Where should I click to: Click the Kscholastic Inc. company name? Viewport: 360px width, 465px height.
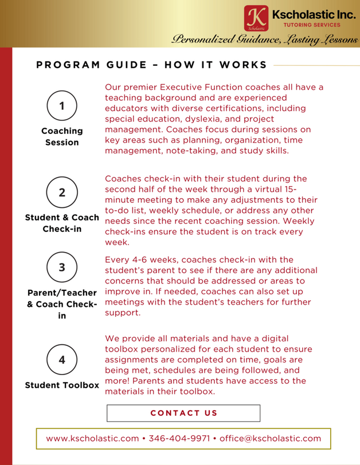[314, 14]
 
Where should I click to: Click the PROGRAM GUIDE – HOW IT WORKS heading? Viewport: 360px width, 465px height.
[151, 65]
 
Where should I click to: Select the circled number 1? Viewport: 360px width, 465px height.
[62, 105]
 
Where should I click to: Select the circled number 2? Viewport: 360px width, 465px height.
[62, 192]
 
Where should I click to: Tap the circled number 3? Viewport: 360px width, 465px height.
[62, 267]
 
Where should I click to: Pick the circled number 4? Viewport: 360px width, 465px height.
[62, 360]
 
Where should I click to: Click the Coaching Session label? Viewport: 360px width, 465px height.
[62, 136]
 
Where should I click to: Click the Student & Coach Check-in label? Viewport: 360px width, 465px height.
[62, 223]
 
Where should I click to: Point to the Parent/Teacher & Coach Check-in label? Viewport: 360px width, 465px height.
[62, 304]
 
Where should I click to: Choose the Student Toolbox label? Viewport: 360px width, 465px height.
[62, 385]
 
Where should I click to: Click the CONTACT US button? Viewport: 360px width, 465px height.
[183, 413]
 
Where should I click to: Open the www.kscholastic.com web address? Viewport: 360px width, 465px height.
[92, 439]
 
